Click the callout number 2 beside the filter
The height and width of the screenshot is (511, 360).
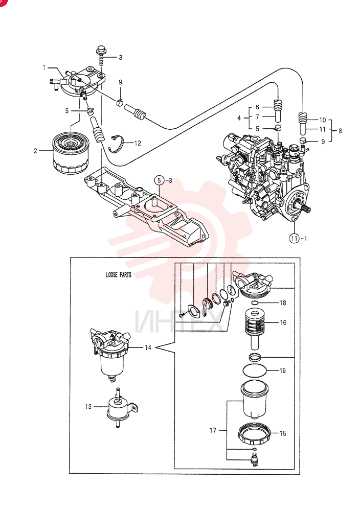[35, 151]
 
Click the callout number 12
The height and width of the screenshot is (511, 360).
[138, 143]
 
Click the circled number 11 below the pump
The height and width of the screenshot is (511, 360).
[295, 238]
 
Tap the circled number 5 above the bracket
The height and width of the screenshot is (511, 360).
[159, 180]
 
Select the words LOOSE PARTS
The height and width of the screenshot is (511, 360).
[119, 275]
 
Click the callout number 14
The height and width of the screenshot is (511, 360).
[148, 347]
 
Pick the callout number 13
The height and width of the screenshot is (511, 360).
[88, 407]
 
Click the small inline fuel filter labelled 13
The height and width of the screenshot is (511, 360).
[121, 407]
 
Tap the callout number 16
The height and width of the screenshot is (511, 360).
[283, 322]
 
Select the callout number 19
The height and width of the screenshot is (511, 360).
[283, 370]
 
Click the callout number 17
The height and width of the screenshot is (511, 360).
[213, 430]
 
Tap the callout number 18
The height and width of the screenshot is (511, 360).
[283, 303]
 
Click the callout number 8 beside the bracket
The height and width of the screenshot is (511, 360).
[340, 131]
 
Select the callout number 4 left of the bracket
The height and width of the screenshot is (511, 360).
[239, 118]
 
